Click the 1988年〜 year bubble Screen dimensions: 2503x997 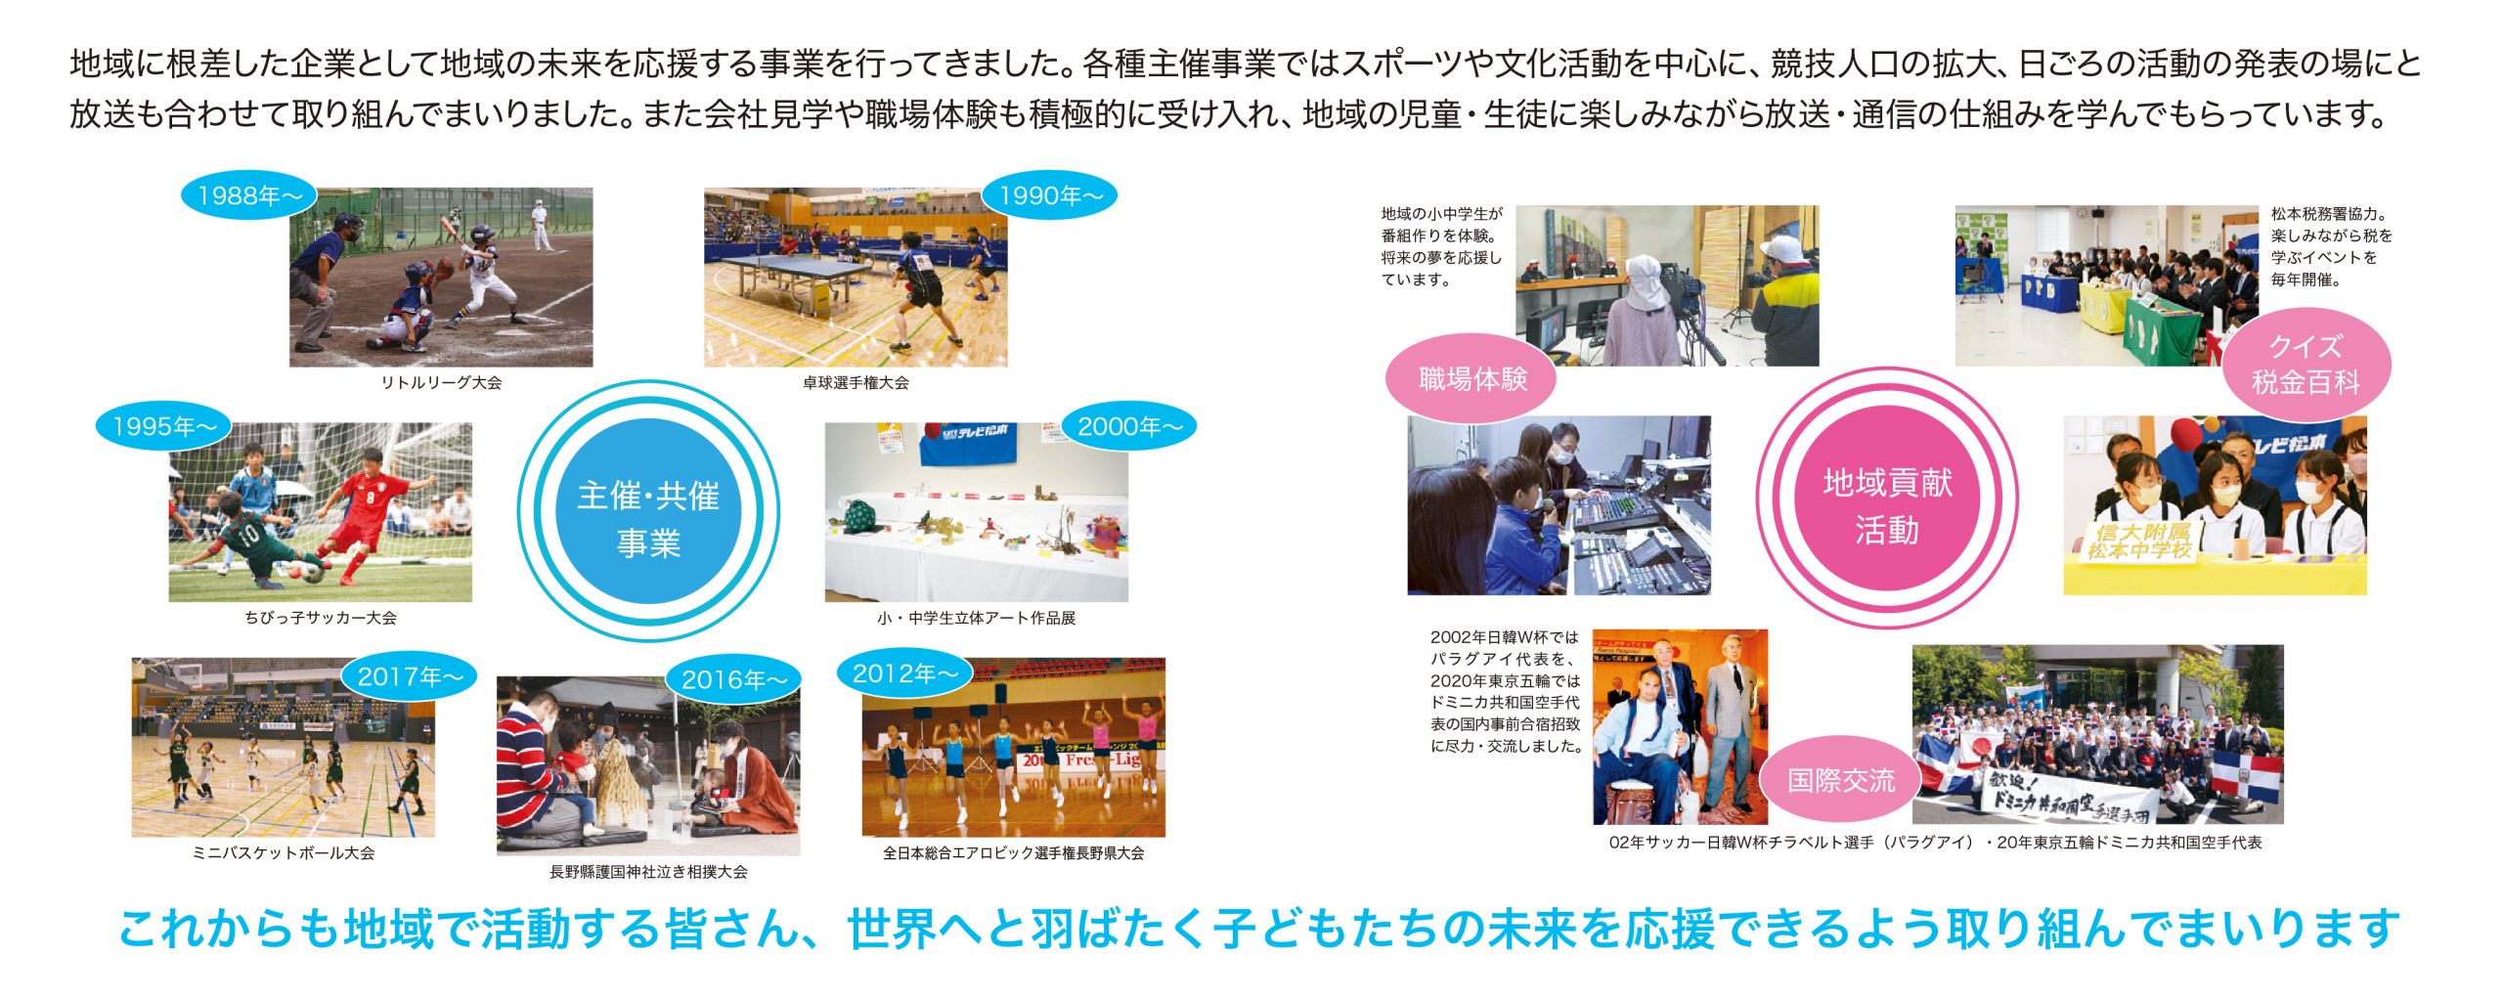pyautogui.click(x=250, y=195)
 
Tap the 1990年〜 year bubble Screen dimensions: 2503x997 pyautogui.click(x=1050, y=195)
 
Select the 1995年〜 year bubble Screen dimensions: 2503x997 pyautogui.click(x=164, y=426)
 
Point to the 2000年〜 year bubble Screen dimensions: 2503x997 pyautogui.click(x=1129, y=426)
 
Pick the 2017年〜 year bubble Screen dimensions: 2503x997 pyautogui.click(x=410, y=676)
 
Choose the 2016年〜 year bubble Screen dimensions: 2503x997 pyautogui.click(x=733, y=679)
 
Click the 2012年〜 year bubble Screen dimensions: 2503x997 pyautogui.click(x=905, y=673)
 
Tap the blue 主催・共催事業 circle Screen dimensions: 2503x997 pyautogui.click(x=648, y=511)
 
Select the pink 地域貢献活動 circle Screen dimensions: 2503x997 pyautogui.click(x=1887, y=498)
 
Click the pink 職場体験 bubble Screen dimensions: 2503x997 pyautogui.click(x=1472, y=379)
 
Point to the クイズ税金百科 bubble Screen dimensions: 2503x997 pyautogui.click(x=2305, y=365)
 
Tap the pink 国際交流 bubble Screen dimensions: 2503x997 pyautogui.click(x=1841, y=780)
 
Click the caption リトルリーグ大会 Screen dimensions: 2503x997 pyautogui.click(x=441, y=383)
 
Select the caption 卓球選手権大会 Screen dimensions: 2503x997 pyautogui.click(x=856, y=383)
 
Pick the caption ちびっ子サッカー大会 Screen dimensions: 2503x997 pyautogui.click(x=321, y=618)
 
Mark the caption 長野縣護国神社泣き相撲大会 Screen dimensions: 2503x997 pyautogui.click(x=648, y=872)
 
